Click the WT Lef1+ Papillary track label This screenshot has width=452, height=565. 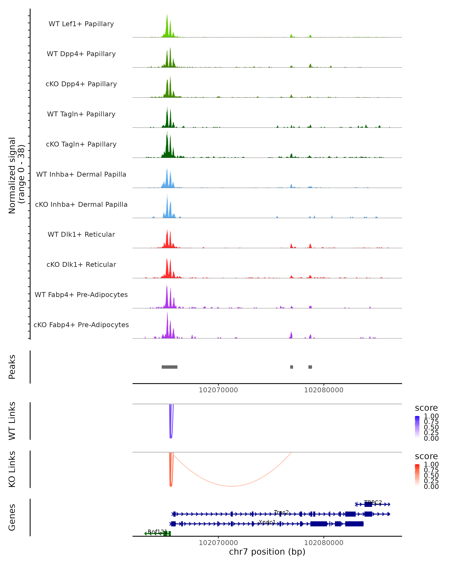(x=81, y=24)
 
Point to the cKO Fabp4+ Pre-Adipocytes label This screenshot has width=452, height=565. (x=81, y=325)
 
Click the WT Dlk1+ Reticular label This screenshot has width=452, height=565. (x=81, y=234)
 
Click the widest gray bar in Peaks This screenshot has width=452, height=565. (x=169, y=367)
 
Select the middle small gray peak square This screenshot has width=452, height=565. (x=292, y=367)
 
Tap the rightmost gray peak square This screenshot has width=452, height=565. (x=310, y=367)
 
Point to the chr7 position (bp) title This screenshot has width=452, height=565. (x=267, y=552)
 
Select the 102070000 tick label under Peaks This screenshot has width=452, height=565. (x=218, y=390)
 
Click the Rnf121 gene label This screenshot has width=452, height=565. (x=157, y=531)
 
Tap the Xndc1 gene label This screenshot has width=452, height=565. (x=267, y=522)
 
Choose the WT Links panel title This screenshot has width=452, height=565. (x=12, y=421)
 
